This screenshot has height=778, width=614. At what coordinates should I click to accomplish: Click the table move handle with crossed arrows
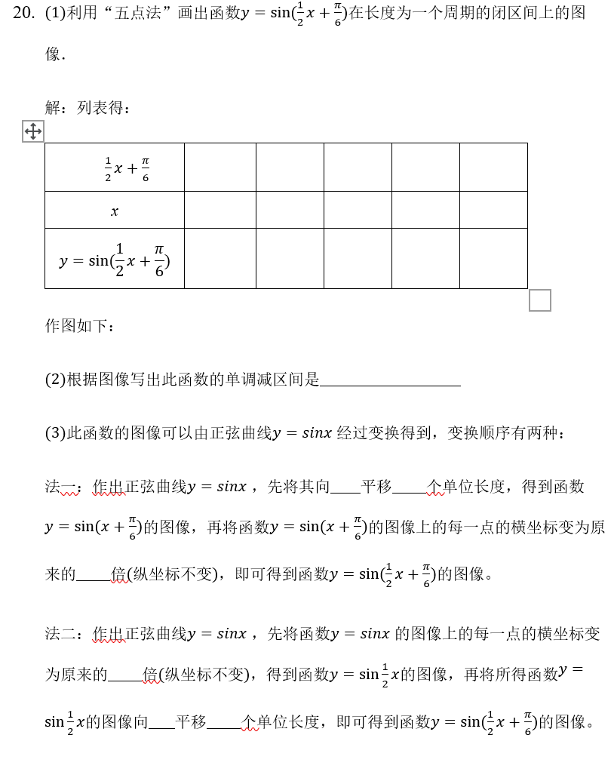click(x=32, y=131)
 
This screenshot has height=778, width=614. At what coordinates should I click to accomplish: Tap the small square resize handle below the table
click(x=539, y=300)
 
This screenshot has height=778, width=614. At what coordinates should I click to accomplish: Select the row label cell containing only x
click(x=114, y=211)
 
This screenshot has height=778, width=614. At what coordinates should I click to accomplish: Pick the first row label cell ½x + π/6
click(x=114, y=168)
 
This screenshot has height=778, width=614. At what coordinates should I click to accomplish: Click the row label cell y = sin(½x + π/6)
click(x=114, y=259)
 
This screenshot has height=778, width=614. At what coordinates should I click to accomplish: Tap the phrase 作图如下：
click(x=80, y=326)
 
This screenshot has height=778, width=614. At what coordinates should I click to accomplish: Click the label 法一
click(x=61, y=487)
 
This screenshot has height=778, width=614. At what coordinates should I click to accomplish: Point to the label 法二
click(x=61, y=634)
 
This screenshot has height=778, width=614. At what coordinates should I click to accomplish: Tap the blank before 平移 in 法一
click(x=345, y=487)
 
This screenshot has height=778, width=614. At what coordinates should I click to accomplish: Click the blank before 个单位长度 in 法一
click(x=410, y=487)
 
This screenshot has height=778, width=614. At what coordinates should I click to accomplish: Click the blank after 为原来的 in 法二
click(x=125, y=675)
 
